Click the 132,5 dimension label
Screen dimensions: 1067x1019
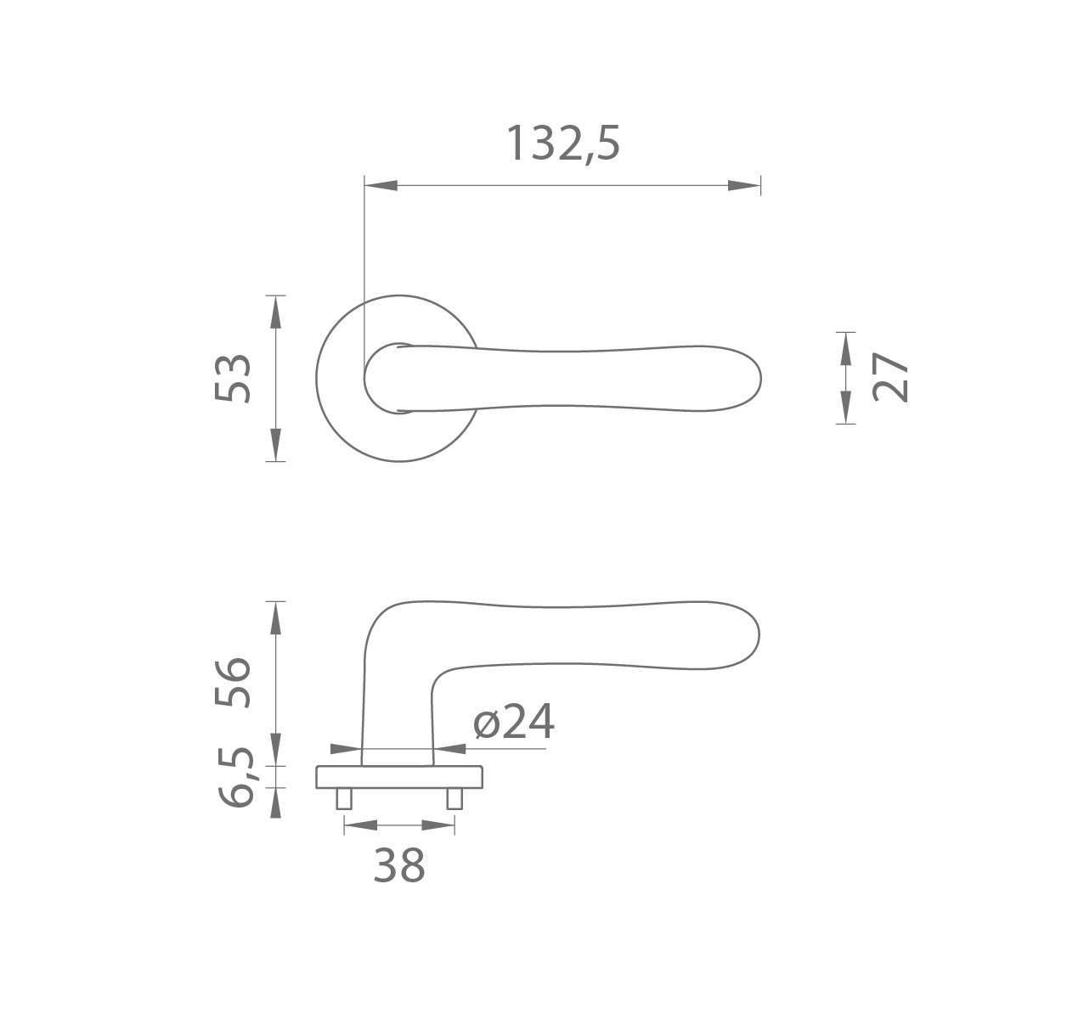point(562,144)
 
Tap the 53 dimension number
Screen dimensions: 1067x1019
point(233,379)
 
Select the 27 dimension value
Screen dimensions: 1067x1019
point(889,377)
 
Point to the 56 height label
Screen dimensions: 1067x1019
point(233,683)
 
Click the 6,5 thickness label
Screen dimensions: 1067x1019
point(236,777)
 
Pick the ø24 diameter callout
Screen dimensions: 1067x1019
point(514,722)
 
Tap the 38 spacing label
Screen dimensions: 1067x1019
point(399,865)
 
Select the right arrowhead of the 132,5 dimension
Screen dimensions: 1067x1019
point(744,185)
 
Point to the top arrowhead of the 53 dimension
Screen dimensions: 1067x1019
point(275,312)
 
